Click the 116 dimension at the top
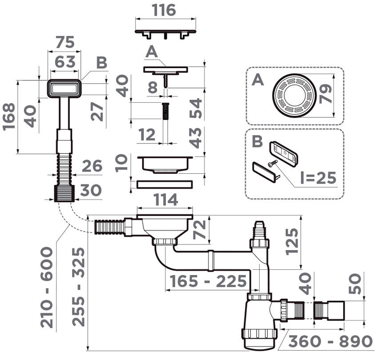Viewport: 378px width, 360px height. pos(165,10)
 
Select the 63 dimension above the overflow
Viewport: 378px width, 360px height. pos(64,61)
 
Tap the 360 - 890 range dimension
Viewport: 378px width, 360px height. pos(330,341)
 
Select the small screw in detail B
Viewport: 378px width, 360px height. pos(272,164)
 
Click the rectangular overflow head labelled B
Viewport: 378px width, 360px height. pos(64,88)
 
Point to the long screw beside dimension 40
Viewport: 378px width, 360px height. pos(165,111)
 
